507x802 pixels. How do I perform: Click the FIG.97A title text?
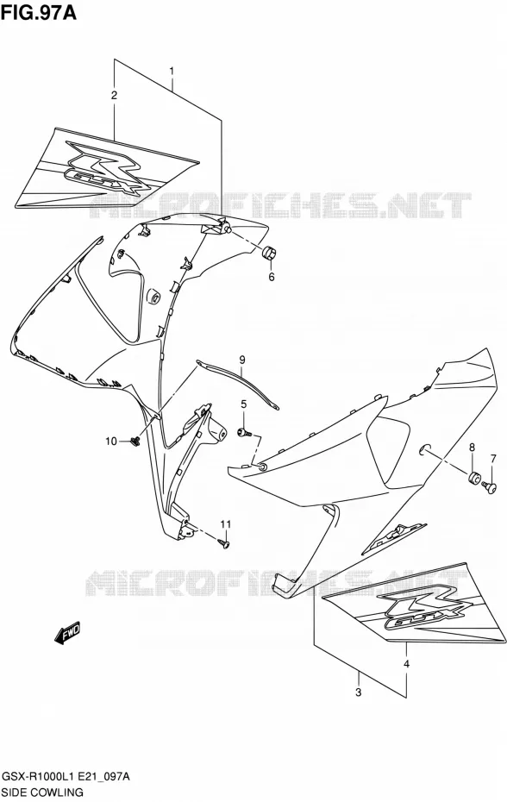[39, 12]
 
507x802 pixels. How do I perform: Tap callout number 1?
[172, 71]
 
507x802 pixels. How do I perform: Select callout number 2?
[114, 95]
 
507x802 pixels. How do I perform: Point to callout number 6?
[272, 277]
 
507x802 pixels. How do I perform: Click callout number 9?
[242, 360]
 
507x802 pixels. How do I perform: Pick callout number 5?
[243, 404]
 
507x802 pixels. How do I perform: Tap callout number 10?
[111, 441]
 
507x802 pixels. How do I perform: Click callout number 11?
[226, 523]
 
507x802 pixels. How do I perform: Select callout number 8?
[472, 448]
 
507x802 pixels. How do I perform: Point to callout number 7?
[493, 458]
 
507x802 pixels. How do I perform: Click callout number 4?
[406, 664]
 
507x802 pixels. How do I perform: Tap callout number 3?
[358, 692]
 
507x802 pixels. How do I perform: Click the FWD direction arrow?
[66, 633]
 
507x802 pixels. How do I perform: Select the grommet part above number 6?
[269, 253]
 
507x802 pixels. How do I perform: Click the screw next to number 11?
[223, 543]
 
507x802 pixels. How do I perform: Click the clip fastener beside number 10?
[136, 441]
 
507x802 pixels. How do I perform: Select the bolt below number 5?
[244, 433]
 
